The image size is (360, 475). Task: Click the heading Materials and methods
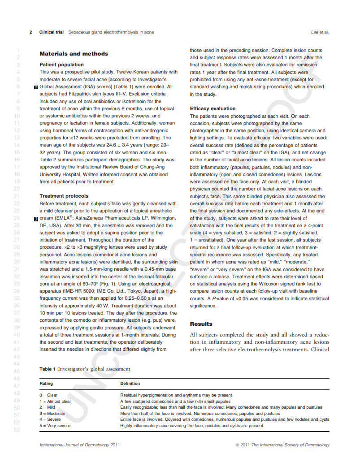coord(74,54)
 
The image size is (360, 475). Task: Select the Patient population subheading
coord(61,65)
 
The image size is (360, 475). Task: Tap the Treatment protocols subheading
coord(64,196)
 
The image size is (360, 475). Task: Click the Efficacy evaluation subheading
coord(213,108)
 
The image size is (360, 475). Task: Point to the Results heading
coord(201,324)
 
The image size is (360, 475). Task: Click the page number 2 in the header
coord(31,32)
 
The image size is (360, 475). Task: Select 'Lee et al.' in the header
coord(320,32)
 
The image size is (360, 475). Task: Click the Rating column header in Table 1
coord(46,384)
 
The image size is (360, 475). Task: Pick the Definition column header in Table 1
coord(130,384)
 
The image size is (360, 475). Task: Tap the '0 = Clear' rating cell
coord(49,395)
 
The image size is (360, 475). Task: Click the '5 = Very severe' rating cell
coord(55,426)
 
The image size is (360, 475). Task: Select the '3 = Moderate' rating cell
coord(52,414)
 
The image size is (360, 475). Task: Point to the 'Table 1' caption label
coord(48,369)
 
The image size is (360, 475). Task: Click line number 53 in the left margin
coord(17,430)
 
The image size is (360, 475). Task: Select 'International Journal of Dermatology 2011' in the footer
coord(79,445)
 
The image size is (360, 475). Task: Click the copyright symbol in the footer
coord(237,445)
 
